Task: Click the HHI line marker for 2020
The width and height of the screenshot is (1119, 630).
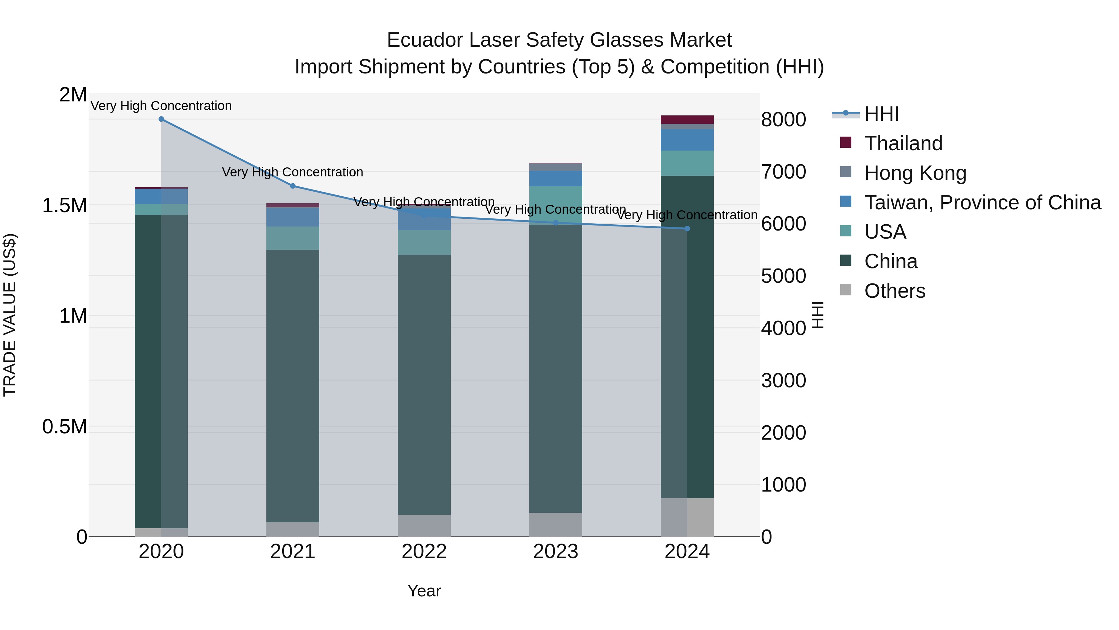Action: [161, 119]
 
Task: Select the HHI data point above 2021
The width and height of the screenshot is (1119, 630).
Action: [293, 186]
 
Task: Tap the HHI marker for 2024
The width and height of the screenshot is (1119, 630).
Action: [687, 229]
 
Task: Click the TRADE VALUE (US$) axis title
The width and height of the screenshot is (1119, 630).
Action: [10, 315]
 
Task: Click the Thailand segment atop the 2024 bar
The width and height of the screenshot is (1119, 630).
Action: [687, 119]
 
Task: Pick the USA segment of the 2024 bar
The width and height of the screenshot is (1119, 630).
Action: [687, 163]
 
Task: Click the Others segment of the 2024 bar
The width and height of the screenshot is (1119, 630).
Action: [687, 517]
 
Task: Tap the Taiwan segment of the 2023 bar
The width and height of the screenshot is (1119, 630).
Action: [555, 178]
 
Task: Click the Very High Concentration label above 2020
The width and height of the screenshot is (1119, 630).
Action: [161, 106]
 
